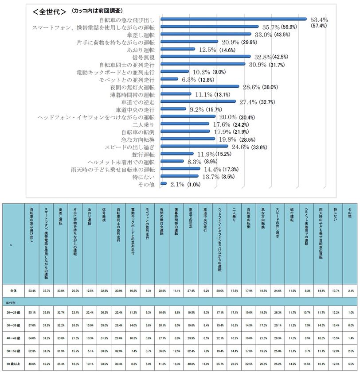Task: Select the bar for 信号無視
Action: [x=203, y=57]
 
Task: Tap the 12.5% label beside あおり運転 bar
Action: [x=207, y=50]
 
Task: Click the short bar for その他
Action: [x=164, y=184]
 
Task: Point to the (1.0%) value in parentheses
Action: [x=194, y=185]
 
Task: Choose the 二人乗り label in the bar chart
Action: [x=142, y=125]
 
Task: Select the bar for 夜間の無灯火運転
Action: [x=200, y=87]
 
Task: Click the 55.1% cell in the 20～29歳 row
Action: [x=32, y=312]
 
